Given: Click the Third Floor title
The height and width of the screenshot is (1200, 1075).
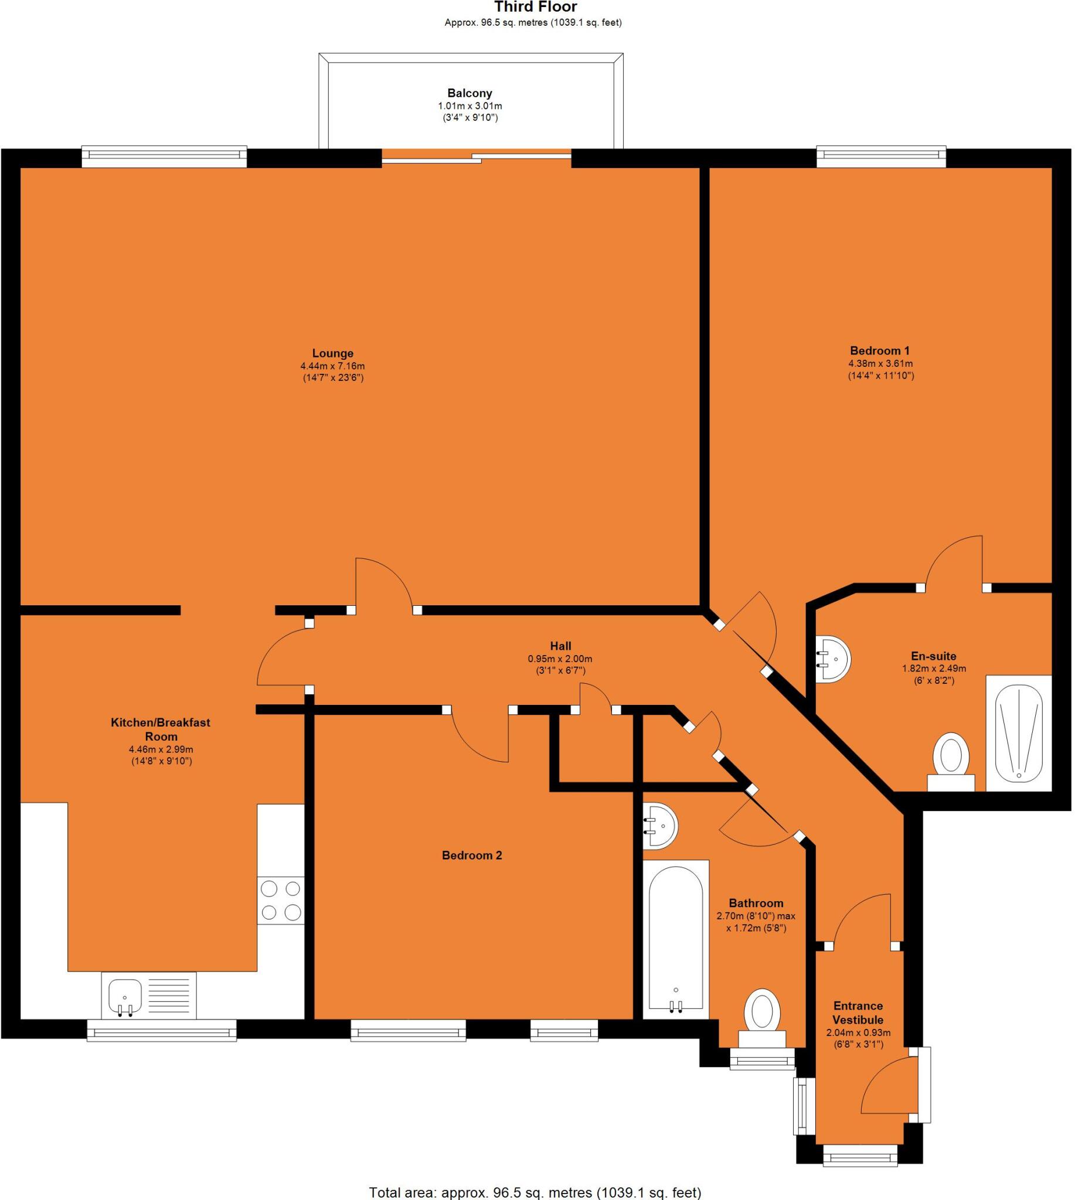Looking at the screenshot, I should click(536, 7).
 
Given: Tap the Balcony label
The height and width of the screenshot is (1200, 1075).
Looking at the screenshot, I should click(470, 93).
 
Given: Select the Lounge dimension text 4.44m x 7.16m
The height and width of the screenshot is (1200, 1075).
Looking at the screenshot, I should click(332, 366).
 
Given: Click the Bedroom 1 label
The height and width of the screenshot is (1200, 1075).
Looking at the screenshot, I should click(879, 350).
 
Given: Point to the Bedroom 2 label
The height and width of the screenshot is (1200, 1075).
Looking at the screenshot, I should click(472, 855).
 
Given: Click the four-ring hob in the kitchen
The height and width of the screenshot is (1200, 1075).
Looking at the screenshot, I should click(281, 900).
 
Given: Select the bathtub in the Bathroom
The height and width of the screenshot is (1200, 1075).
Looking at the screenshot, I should click(676, 939).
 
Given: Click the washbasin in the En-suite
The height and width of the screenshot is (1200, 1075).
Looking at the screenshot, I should click(835, 659).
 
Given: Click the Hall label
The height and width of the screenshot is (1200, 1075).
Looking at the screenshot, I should click(560, 646).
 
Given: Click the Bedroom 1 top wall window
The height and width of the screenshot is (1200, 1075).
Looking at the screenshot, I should click(880, 155).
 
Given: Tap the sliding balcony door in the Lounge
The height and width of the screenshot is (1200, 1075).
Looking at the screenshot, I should click(476, 156).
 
